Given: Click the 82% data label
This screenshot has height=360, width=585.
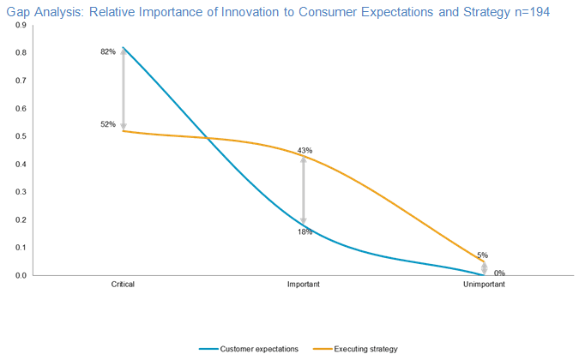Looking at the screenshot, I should [108, 52].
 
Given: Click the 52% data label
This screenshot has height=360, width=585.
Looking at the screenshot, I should [108, 124].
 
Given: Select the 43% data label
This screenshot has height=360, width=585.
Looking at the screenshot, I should [305, 151].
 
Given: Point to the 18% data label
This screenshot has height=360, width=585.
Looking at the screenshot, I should [305, 231].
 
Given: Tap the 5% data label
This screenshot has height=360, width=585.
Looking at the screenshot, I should [483, 255].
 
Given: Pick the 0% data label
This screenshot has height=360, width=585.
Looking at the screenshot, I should [499, 273].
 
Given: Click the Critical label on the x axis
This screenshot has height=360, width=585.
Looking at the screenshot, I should [123, 284].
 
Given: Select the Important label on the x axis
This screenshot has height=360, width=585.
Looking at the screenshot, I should [304, 284].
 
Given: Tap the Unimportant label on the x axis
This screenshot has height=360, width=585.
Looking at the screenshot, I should [484, 284].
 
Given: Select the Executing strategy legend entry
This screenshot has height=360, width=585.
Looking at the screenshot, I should [367, 349].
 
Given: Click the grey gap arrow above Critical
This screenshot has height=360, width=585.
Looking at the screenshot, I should [124, 89].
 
